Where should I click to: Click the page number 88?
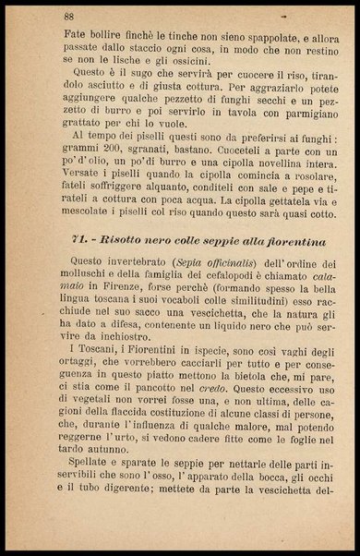[69, 17]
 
